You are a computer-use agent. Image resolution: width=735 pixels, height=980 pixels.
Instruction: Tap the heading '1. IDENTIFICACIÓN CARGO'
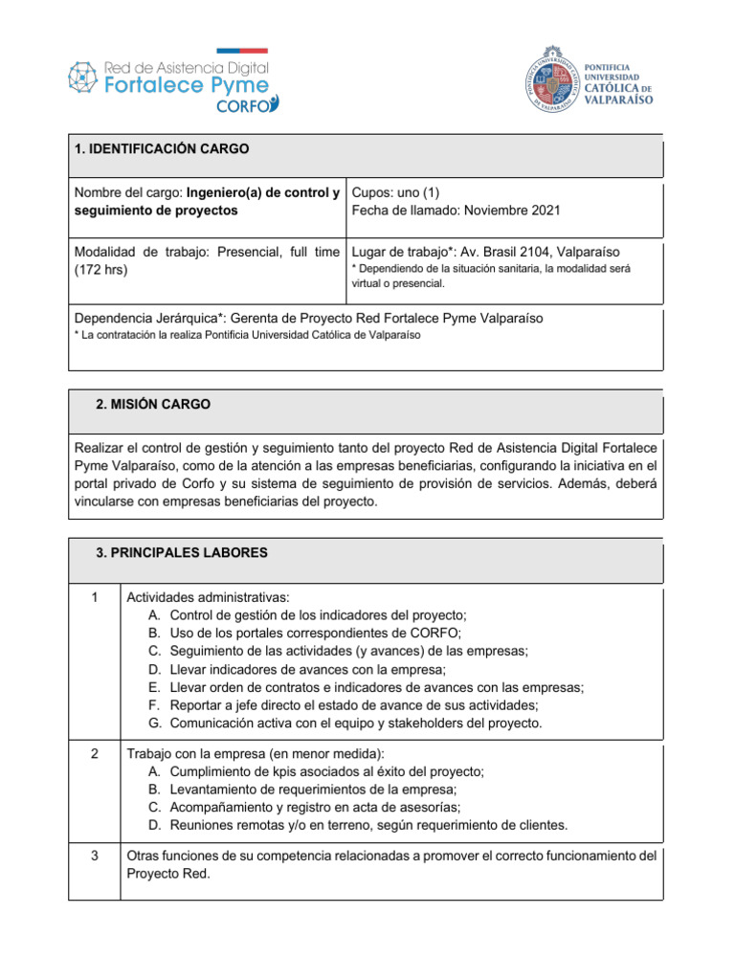[x=161, y=149]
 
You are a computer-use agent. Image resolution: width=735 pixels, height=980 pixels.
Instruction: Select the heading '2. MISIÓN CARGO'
[x=153, y=405]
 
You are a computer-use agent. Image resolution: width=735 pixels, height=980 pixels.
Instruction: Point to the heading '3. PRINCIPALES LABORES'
[x=182, y=552]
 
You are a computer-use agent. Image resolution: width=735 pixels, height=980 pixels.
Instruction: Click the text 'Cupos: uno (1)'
[x=395, y=191]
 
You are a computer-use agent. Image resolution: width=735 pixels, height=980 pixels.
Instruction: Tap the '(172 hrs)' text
[x=100, y=269]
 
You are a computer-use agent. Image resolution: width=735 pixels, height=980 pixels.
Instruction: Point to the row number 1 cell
[x=94, y=598]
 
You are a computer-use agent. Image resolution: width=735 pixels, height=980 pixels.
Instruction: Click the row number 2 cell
[x=94, y=753]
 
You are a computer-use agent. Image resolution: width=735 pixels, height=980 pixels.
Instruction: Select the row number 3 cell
[x=94, y=855]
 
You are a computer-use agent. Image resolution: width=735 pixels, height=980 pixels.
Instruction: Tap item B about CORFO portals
[x=304, y=633]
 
